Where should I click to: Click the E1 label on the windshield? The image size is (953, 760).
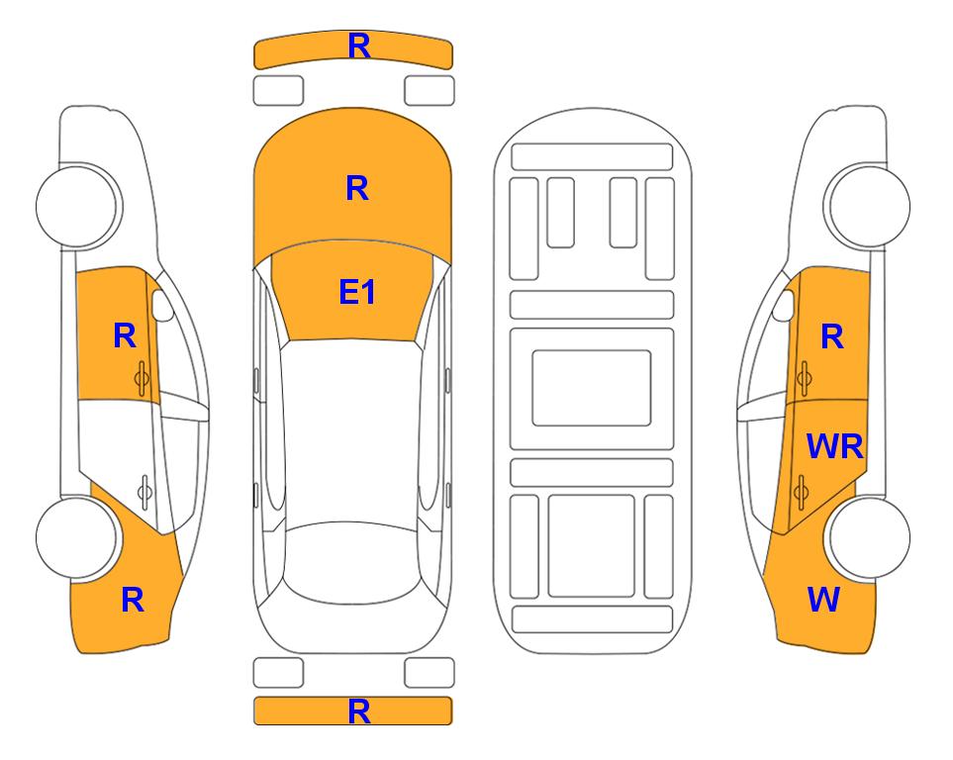point(357,292)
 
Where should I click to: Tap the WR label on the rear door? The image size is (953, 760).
point(834,447)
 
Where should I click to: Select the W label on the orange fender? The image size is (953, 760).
point(823,600)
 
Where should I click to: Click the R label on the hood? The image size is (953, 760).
point(357,188)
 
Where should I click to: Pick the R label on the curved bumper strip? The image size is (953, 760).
point(359,47)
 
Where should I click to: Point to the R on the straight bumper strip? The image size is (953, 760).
point(359,712)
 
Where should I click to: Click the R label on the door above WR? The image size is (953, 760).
point(832,336)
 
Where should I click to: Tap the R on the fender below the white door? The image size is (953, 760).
point(133,600)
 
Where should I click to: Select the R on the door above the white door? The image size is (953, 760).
point(125,335)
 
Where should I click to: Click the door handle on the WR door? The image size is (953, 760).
point(802,492)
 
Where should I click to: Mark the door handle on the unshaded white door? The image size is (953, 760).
point(144,492)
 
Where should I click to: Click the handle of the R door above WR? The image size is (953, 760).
point(804,378)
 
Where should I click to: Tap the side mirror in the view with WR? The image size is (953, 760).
point(784,305)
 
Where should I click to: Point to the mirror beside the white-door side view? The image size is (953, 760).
point(162,305)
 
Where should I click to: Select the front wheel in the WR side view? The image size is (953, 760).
point(867,206)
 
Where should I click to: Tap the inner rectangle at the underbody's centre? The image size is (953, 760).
point(592,388)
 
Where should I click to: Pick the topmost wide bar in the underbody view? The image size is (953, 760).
point(592,157)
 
